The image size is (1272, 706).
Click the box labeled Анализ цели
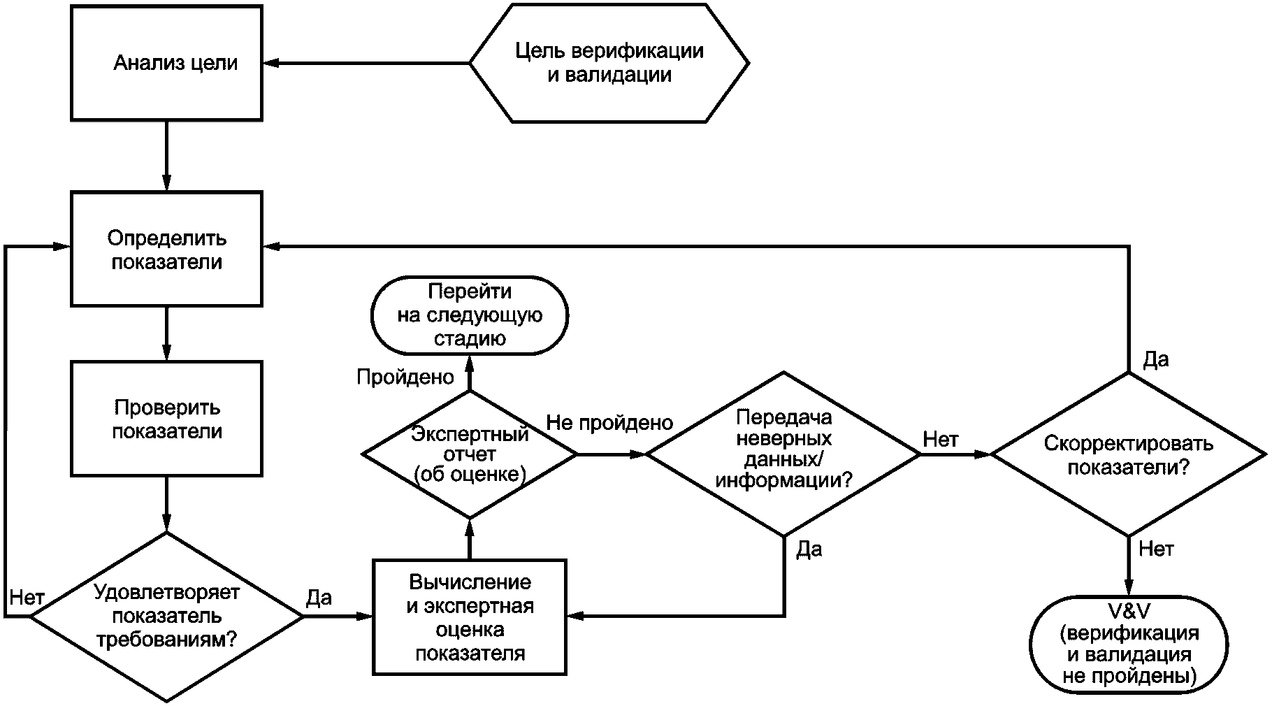coord(166,63)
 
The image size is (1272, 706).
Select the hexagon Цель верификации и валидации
coord(609,63)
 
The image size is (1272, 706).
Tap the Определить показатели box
coord(166,249)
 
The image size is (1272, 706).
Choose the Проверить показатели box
coord(166,419)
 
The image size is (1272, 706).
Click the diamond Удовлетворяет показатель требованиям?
coord(166,617)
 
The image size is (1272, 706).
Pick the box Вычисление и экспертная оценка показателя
coord(469,617)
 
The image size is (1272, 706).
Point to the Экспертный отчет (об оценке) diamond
coord(469,454)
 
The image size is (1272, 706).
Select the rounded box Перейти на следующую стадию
coord(469,315)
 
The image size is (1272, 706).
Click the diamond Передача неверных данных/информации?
coord(783,454)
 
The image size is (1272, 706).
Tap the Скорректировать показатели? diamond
coord(1128,454)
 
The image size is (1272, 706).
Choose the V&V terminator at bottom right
coord(1128,644)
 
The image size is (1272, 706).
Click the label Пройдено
coord(405,377)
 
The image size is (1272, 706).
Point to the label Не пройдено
coord(609,422)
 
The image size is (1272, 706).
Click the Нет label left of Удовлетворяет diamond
coord(27,597)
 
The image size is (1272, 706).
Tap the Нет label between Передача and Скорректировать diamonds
coord(941,439)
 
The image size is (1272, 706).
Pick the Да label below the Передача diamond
coord(809,549)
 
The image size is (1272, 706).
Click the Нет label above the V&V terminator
coord(1156,549)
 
